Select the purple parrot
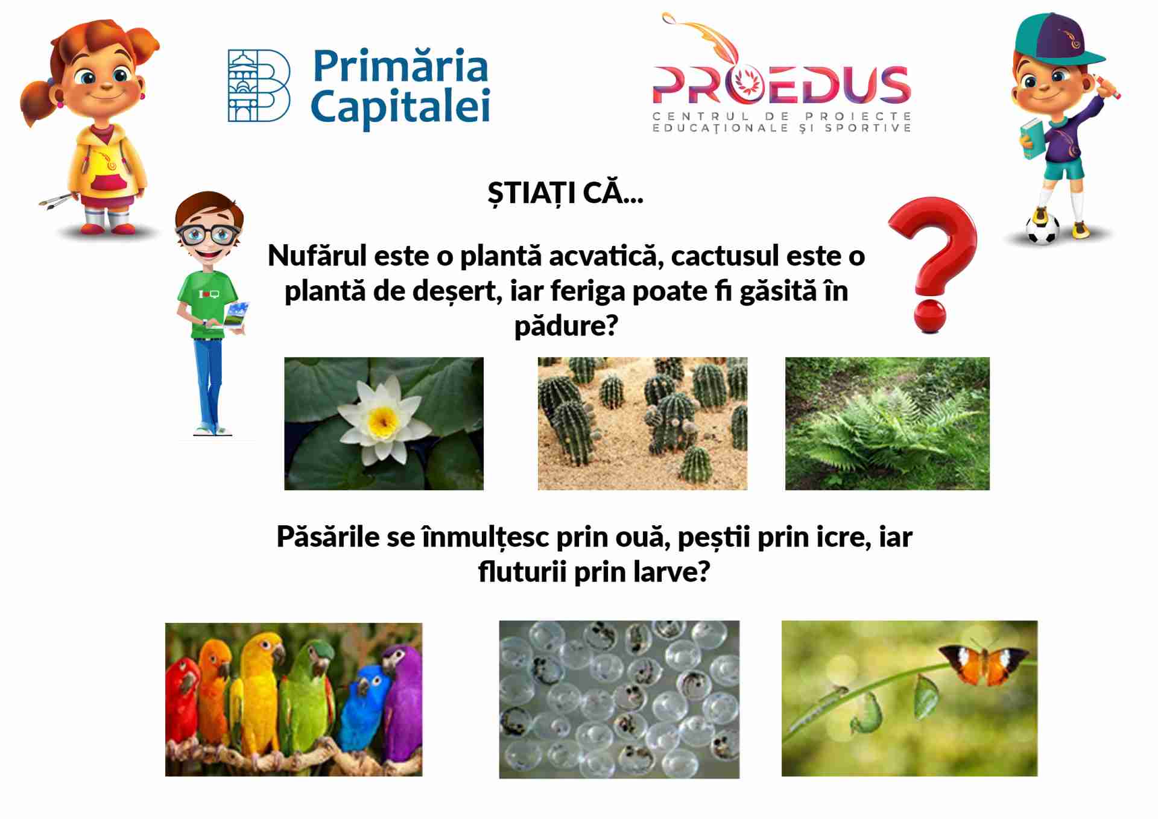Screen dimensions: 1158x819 tap(401, 700)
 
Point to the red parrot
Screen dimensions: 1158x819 tap(183, 700)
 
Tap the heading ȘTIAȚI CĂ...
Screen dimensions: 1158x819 tap(565, 193)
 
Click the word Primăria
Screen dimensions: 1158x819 tap(400, 66)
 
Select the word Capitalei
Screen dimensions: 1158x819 tap(400, 107)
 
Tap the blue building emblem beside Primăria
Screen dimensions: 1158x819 tap(259, 86)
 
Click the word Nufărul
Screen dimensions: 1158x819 tap(317, 256)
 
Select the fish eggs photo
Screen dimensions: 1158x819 tap(619, 700)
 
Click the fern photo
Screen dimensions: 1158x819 tap(887, 423)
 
